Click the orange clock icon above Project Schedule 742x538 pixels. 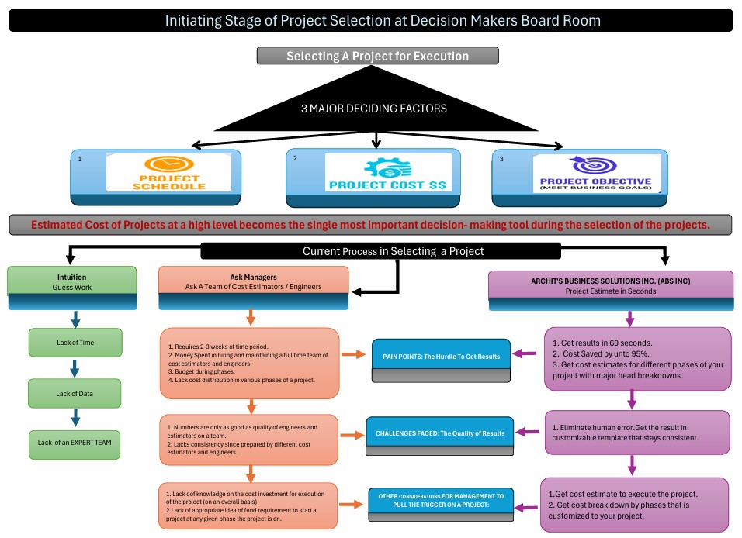tap(168, 164)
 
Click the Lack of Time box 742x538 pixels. tap(75, 342)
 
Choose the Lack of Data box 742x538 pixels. tap(75, 393)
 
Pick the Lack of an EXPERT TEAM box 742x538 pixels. tap(75, 443)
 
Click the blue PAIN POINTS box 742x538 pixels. tap(441, 356)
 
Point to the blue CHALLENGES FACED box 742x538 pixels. tap(440, 433)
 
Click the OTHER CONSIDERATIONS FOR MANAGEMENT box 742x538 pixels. tap(441, 500)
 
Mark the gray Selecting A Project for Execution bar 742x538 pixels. tap(377, 56)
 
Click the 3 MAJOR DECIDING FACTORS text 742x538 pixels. tap(373, 109)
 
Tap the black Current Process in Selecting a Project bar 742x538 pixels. tap(380, 251)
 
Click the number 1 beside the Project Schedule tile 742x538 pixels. tap(81, 158)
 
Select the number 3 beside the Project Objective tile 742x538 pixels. tap(501, 158)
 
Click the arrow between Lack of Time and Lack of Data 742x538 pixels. tap(75, 367)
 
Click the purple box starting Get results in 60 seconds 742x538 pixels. tap(637, 357)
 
